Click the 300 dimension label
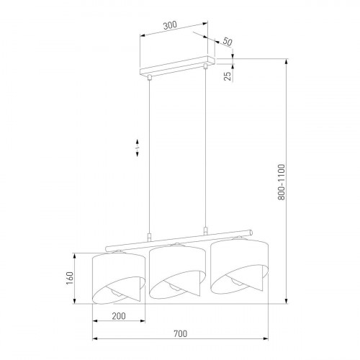[x=170, y=24]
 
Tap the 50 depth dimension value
[x=227, y=42]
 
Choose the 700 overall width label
[x=179, y=333]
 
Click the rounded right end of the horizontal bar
[x=251, y=233]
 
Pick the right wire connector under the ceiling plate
[x=206, y=68]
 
